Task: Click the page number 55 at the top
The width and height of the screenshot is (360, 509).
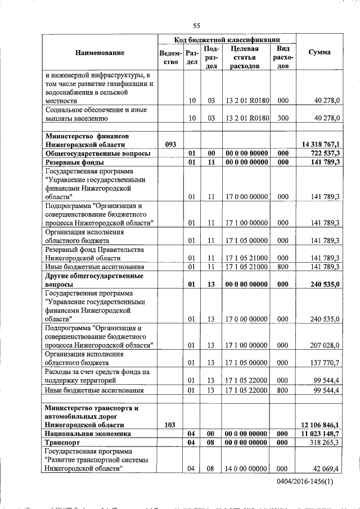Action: click(x=196, y=25)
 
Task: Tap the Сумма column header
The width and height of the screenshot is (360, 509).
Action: click(x=319, y=52)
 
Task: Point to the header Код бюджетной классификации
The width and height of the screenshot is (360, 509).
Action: click(x=227, y=39)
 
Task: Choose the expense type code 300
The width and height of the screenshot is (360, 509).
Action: click(x=283, y=118)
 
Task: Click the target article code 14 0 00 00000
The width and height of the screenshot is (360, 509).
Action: click(x=247, y=469)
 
